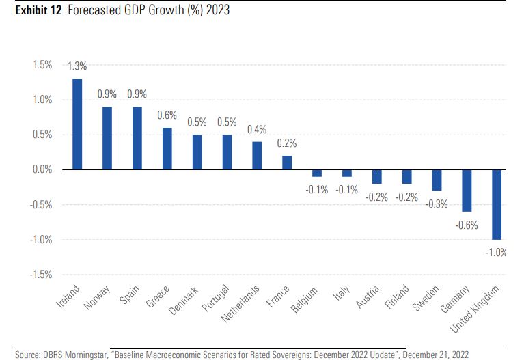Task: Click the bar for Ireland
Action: pos(77,124)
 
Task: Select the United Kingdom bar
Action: pos(497,204)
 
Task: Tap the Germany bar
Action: pos(467,191)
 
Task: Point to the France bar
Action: pos(287,163)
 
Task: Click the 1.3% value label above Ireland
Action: pos(77,67)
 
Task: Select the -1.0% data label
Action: pos(496,253)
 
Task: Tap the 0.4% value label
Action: pos(257,130)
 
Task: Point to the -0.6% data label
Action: pos(467,225)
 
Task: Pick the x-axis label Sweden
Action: pos(425,299)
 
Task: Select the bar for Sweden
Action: pos(437,180)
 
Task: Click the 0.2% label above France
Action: pos(287,144)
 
